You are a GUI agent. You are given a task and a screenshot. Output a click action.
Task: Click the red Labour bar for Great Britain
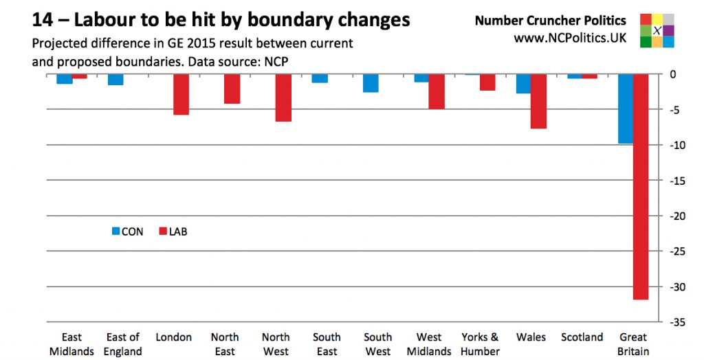coord(641,186)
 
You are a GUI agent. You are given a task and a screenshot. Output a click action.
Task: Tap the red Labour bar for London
coord(181,94)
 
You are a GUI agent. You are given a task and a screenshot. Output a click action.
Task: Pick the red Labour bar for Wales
coord(538,101)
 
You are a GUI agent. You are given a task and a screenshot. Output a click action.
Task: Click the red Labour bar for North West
coord(283,98)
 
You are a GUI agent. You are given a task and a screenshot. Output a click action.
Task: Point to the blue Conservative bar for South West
coord(371,82)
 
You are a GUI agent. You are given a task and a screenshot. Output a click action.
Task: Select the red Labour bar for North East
coord(232,89)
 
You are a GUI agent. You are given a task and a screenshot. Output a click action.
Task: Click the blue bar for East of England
coord(115,79)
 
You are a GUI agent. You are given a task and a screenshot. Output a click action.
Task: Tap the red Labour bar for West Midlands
coord(437,91)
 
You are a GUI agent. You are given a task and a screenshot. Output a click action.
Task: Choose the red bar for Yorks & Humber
coord(487,82)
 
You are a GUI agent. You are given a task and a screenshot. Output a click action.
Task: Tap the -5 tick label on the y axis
coord(677,109)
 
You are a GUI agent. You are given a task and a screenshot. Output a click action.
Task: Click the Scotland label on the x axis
coord(582,337)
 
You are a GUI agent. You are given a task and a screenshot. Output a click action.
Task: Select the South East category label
coord(327,344)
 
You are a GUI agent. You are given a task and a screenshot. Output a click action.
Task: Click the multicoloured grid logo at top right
coord(657,30)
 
